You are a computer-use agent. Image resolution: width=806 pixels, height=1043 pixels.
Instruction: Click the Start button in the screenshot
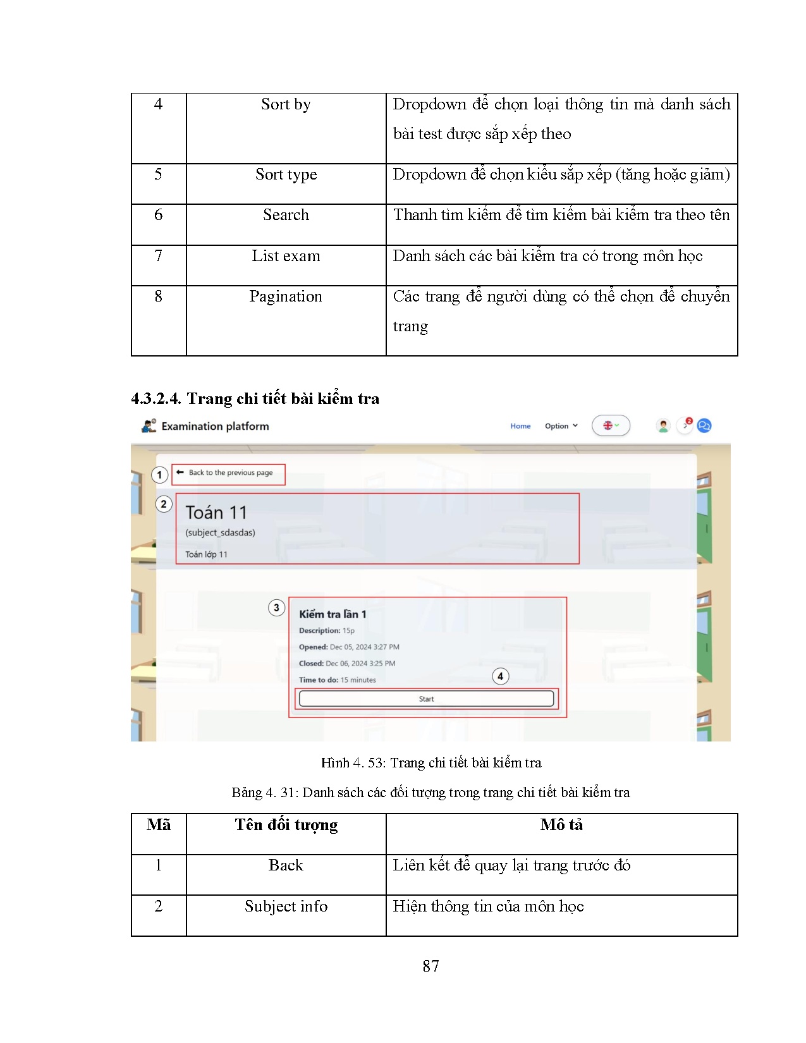point(426,698)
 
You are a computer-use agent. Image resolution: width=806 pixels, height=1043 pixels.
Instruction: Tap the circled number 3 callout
point(276,607)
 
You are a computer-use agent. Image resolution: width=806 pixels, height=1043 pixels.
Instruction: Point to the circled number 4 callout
point(500,676)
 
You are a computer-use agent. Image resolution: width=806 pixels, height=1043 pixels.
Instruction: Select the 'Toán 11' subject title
point(216,513)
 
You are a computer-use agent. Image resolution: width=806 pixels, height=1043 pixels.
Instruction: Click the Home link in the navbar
point(520,426)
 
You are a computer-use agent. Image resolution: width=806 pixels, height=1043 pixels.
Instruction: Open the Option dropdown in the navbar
point(561,426)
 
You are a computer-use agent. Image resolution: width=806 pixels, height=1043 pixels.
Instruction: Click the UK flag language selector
point(610,425)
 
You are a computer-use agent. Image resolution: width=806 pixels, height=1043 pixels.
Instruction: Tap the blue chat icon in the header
point(704,425)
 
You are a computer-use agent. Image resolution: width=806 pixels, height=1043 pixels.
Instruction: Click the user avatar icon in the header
point(663,425)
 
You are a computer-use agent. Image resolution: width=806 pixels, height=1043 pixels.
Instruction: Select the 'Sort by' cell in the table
point(286,104)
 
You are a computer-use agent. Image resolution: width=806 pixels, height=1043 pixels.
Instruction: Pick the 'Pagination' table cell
point(286,296)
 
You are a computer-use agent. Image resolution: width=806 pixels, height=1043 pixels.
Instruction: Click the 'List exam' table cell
point(286,256)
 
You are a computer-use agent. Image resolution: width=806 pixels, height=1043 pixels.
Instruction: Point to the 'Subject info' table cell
point(286,906)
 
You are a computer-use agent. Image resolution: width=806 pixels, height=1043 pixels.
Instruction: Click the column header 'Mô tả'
point(561,825)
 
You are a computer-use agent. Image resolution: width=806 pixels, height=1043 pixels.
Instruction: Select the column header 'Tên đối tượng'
point(286,825)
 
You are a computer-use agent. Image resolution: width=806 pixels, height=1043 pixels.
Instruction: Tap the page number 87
point(430,966)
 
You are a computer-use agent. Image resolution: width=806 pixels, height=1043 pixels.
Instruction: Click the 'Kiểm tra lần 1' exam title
point(333,614)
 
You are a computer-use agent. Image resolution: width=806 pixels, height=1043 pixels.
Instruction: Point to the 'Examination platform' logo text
point(215,426)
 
